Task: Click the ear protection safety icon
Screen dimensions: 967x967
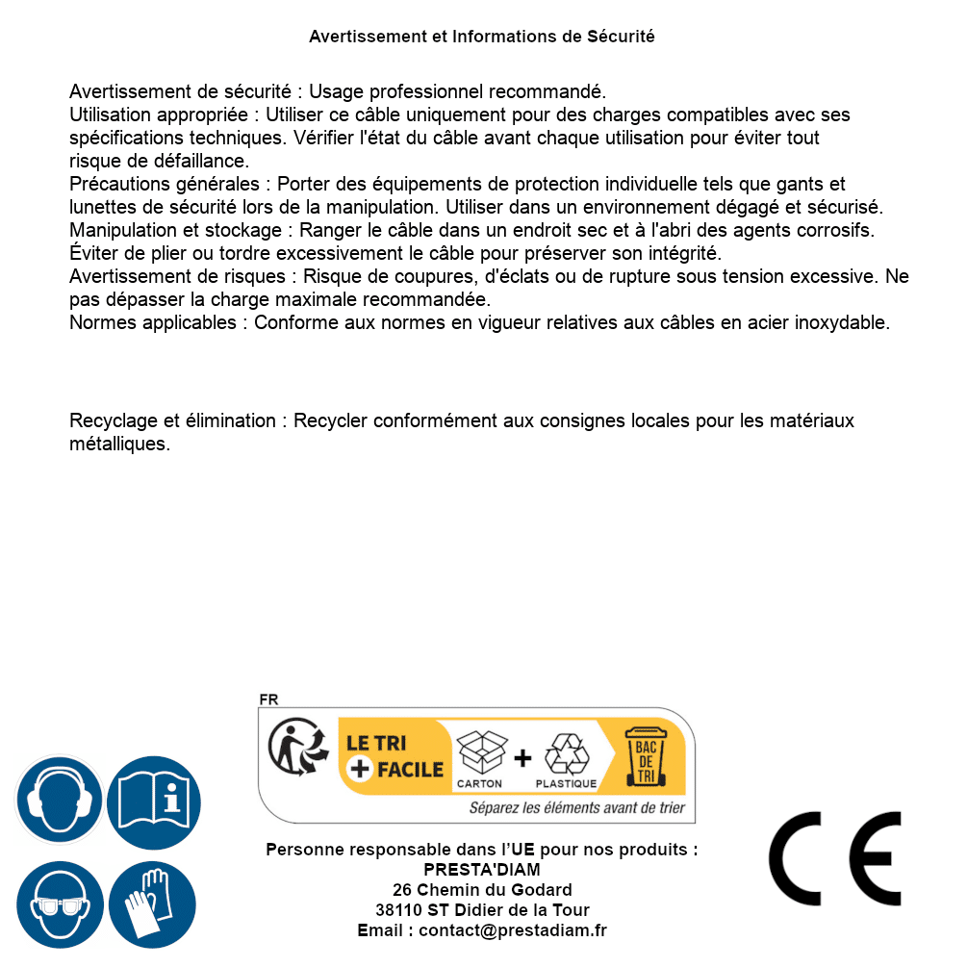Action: click(x=60, y=801)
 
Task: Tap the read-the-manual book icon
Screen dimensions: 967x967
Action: click(x=154, y=801)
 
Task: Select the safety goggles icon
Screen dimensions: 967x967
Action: click(x=60, y=905)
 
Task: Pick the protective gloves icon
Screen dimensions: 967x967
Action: click(x=154, y=905)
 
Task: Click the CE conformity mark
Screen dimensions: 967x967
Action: click(x=835, y=858)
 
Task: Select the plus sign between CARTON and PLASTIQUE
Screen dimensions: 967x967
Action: click(x=522, y=758)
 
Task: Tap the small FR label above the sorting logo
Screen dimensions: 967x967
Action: click(x=268, y=700)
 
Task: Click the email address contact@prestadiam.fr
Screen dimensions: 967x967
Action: click(x=513, y=930)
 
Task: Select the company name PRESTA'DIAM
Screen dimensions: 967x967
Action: click(x=482, y=870)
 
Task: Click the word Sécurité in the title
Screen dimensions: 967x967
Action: click(x=621, y=37)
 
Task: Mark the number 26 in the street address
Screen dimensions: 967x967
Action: click(x=402, y=890)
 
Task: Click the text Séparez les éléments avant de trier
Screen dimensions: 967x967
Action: click(x=577, y=808)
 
